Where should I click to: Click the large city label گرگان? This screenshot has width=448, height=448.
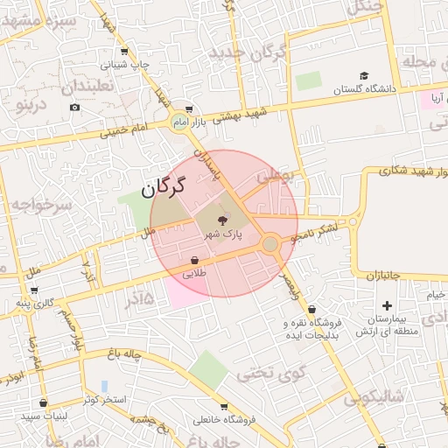pyautogui.click(x=164, y=185)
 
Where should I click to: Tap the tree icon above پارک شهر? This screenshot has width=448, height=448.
pyautogui.click(x=220, y=220)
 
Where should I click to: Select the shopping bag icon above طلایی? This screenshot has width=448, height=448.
pyautogui.click(x=194, y=260)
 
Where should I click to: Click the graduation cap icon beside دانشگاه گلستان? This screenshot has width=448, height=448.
pyautogui.click(x=364, y=75)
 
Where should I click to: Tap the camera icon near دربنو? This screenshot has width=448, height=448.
pyautogui.click(x=74, y=107)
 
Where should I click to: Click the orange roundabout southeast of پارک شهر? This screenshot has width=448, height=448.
pyautogui.click(x=270, y=243)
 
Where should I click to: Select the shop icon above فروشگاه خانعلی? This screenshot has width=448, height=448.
pyautogui.click(x=225, y=407)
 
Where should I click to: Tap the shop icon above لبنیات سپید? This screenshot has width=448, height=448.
pyautogui.click(x=44, y=402)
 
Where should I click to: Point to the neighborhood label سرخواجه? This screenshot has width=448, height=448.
pyautogui.click(x=37, y=205)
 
